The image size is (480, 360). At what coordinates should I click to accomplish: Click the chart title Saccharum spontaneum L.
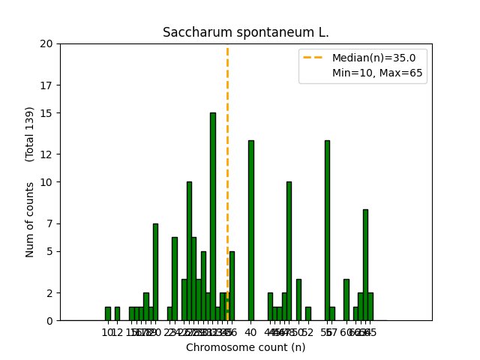click(246, 33)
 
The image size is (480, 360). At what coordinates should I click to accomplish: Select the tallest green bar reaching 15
click(213, 217)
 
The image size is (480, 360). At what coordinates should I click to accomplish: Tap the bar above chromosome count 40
click(251, 231)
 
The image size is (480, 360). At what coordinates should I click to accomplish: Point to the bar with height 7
click(155, 272)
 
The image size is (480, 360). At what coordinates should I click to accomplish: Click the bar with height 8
click(365, 265)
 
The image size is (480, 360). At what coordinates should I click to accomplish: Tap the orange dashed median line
click(227, 150)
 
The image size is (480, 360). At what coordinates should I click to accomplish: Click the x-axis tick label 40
click(251, 332)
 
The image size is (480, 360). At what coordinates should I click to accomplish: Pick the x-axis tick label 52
click(308, 332)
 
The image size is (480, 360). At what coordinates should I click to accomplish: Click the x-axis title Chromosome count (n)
click(246, 347)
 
